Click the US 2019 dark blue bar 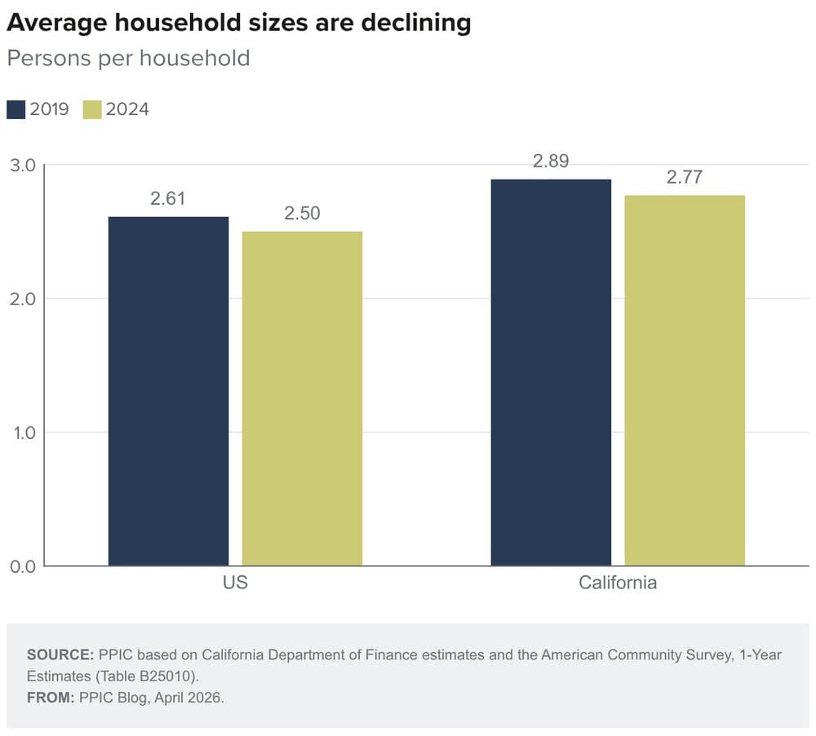click(168, 391)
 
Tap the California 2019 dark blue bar click(551, 372)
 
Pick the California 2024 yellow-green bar click(685, 380)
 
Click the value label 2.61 click(168, 199)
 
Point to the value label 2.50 click(302, 214)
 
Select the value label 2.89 click(551, 162)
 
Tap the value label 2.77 click(685, 177)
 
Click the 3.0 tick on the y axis click(22, 166)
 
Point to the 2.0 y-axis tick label click(22, 299)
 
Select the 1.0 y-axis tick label click(22, 432)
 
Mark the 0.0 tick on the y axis click(22, 566)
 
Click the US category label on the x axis click(235, 583)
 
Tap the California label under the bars click(618, 583)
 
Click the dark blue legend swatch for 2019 click(16, 109)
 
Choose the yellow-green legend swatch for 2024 click(92, 109)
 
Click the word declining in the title click(413, 24)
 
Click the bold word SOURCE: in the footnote click(60, 655)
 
